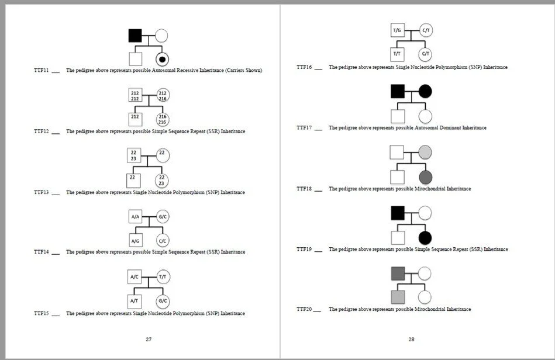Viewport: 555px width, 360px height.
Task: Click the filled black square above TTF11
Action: coord(135,36)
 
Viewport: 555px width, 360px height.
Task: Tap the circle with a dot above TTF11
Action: coord(162,59)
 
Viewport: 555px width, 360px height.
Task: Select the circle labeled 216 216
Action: coord(163,120)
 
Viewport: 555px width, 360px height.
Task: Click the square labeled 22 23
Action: coord(134,155)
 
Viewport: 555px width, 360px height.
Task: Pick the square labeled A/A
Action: coord(135,217)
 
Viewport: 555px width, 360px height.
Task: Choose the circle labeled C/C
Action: coord(163,241)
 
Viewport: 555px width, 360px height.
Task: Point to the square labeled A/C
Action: coord(135,277)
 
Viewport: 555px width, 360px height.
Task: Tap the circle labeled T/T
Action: coord(163,277)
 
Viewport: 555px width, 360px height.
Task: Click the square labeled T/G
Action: coord(397,30)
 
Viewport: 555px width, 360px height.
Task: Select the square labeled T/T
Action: coord(397,54)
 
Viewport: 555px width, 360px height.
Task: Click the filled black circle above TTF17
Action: coord(425,91)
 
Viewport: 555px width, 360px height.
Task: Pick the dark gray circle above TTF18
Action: coord(425,176)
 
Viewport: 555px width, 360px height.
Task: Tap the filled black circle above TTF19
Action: coord(425,237)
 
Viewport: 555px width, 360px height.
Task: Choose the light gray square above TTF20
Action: coord(397,297)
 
